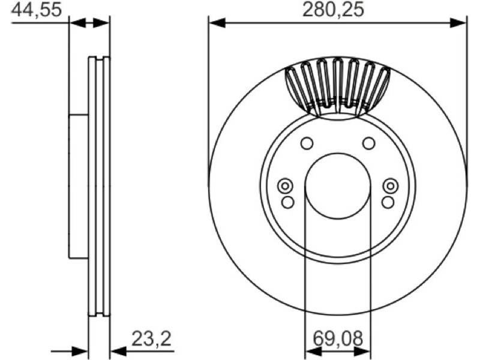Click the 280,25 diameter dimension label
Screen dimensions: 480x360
click(333, 10)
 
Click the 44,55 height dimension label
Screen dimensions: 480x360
click(37, 10)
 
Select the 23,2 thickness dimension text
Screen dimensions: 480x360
click(151, 339)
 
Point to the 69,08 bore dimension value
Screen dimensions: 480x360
click(338, 339)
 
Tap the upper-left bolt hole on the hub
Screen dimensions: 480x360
click(307, 143)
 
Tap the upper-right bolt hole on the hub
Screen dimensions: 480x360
click(368, 143)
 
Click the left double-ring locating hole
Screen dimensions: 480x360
click(285, 186)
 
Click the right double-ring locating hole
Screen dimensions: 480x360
click(391, 186)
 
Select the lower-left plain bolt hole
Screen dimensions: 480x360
click(287, 202)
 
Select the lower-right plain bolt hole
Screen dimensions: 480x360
click(388, 202)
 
